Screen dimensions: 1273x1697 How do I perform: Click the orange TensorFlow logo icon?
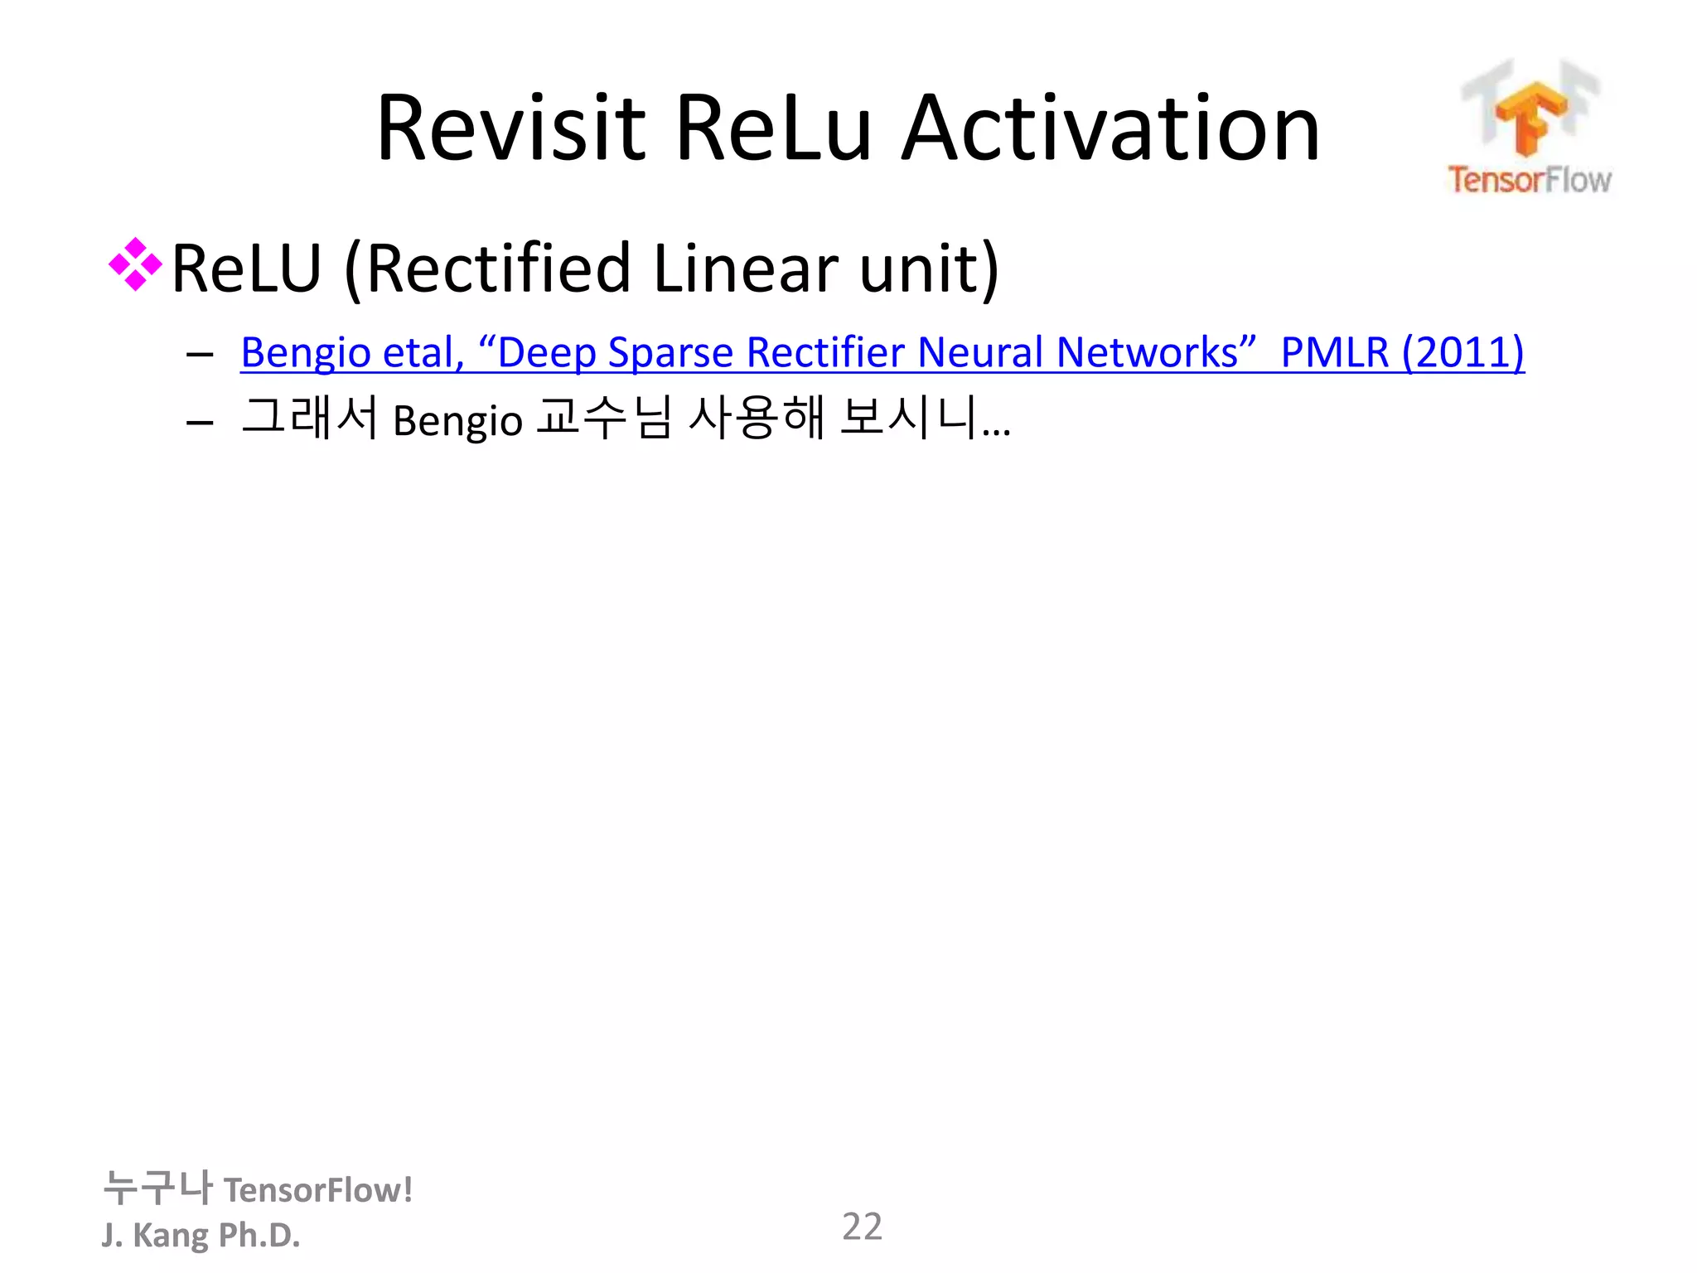tap(1530, 116)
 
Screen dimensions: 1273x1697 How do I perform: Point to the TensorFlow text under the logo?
tap(1529, 180)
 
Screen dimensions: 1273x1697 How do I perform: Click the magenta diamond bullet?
tap(135, 265)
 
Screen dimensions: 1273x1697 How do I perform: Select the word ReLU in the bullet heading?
tap(246, 269)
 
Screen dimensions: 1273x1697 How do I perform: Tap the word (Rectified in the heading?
tap(489, 269)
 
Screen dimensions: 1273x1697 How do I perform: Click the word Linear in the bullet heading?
tap(745, 269)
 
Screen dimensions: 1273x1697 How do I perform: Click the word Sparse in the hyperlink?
tap(670, 353)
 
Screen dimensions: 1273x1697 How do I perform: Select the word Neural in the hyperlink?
tap(981, 351)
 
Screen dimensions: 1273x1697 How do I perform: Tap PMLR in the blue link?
tap(1334, 351)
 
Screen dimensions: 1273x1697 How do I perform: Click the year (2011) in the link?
tap(1463, 351)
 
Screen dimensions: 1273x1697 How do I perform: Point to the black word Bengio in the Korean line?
tap(457, 420)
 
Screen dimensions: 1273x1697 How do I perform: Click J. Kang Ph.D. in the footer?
tap(201, 1235)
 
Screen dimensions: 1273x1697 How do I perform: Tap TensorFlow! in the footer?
tap(318, 1190)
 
